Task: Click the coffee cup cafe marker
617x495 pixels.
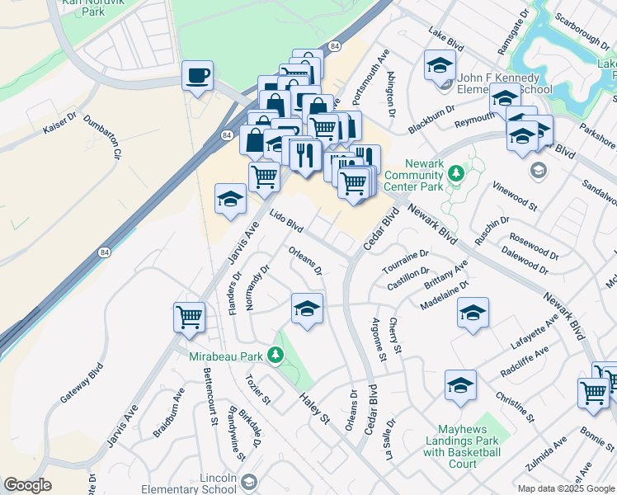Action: point(197,77)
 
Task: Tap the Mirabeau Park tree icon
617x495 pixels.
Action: point(277,356)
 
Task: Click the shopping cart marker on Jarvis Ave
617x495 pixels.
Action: point(189,317)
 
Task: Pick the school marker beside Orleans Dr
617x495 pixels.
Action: point(307,309)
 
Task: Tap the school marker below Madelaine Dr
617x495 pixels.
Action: point(473,313)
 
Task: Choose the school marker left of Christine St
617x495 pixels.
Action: point(460,385)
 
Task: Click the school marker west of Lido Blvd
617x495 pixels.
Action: point(230,199)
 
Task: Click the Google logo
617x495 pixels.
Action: point(27,485)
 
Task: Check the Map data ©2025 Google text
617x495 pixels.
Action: point(566,488)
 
